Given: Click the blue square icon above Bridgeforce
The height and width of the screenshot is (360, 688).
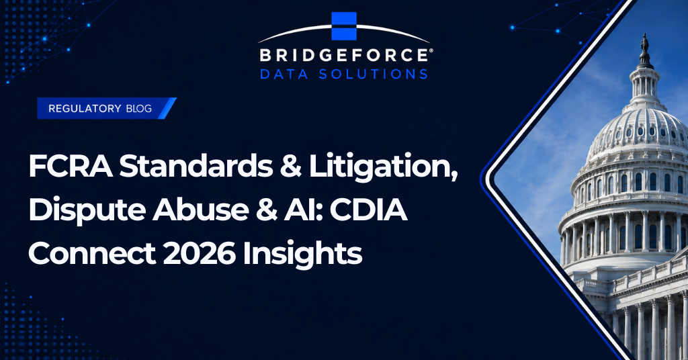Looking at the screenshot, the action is click(x=343, y=26).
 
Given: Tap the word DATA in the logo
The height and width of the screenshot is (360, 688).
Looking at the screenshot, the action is click(x=284, y=74).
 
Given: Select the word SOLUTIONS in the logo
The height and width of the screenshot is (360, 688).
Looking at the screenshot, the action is click(x=373, y=74).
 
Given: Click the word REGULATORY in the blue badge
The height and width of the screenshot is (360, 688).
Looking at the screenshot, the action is click(x=85, y=108).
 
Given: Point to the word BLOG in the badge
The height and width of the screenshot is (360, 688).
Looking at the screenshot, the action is click(x=138, y=108).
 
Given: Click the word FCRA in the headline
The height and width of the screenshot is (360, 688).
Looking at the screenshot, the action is click(x=70, y=167).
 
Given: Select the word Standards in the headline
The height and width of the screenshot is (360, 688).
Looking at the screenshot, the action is click(x=196, y=167).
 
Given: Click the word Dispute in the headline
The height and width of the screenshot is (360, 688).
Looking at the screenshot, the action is click(x=87, y=212).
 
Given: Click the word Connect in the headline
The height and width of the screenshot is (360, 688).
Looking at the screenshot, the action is click(x=92, y=253).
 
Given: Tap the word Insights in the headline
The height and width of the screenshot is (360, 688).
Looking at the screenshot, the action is click(x=302, y=255).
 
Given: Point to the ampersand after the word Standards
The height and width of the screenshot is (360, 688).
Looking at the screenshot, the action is click(x=291, y=167).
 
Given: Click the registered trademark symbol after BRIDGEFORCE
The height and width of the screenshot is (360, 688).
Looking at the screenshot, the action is click(x=431, y=50).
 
